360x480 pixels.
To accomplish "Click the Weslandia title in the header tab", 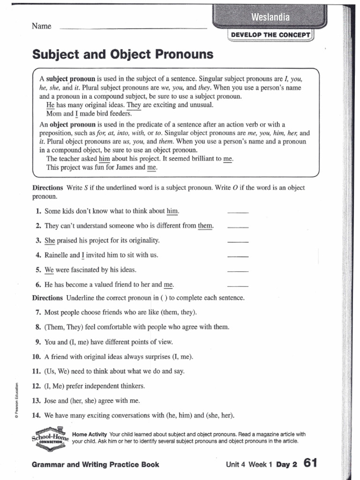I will [270, 18].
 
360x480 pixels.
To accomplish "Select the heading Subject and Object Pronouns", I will [122, 55].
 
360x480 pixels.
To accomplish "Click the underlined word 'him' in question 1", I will [172, 211].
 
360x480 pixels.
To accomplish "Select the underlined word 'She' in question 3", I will [50, 240].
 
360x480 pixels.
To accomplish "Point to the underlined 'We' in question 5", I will [49, 270].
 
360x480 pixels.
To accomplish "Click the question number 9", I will [38, 342].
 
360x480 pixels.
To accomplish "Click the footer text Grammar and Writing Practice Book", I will [95, 465].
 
